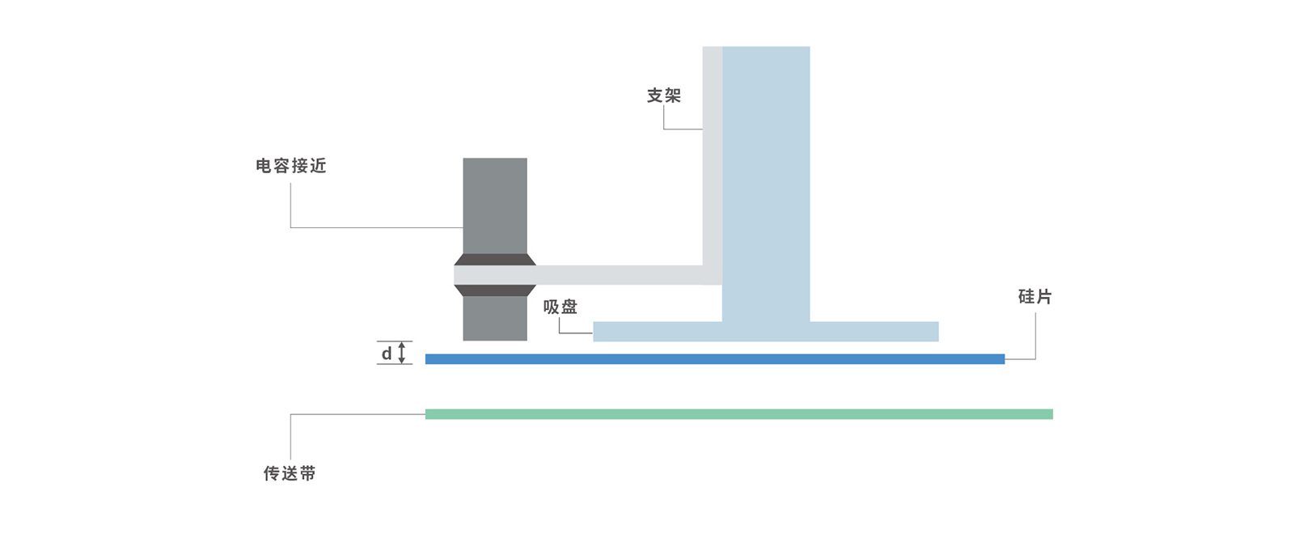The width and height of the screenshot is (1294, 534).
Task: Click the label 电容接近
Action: pos(291,166)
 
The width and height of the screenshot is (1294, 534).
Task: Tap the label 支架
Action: pos(663,95)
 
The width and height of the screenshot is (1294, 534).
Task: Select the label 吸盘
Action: pos(560,307)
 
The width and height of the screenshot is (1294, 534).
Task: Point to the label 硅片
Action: pos(1034,297)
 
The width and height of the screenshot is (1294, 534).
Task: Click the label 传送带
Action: pos(290,473)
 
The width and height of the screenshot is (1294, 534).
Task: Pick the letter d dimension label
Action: pos(387,354)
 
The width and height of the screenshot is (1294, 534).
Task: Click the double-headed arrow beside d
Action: pos(402,353)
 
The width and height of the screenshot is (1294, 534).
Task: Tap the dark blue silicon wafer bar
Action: pos(715,359)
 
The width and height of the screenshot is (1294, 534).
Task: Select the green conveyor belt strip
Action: pos(738,414)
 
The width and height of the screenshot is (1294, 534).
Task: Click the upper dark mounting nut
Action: pos(495,260)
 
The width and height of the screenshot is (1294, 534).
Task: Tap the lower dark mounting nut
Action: pos(495,290)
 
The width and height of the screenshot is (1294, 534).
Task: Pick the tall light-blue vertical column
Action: pos(766,178)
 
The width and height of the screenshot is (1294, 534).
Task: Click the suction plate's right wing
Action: pos(873,332)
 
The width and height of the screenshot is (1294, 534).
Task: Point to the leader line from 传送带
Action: pos(356,415)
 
